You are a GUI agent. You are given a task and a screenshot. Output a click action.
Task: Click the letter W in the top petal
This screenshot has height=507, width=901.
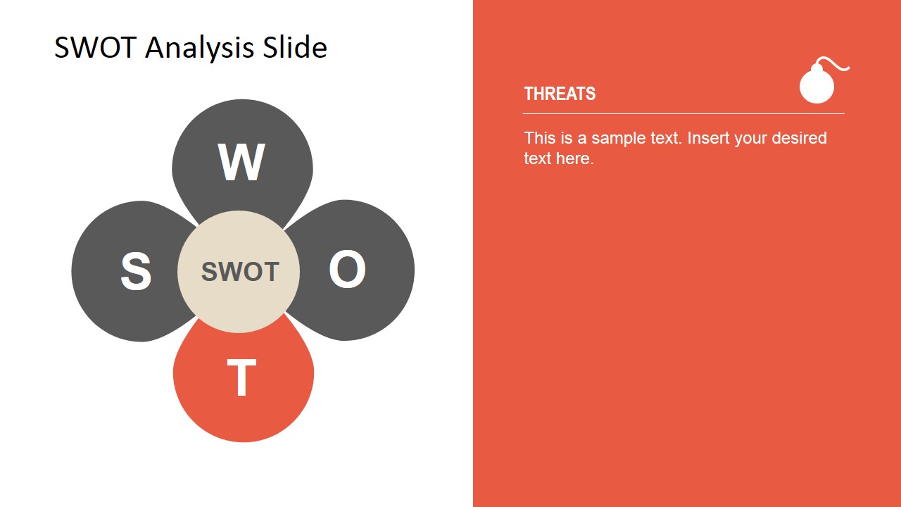click(241, 162)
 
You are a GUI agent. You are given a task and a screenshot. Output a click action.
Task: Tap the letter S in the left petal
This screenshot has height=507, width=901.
click(136, 272)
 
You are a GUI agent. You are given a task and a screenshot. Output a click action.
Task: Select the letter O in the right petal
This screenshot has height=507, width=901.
click(347, 270)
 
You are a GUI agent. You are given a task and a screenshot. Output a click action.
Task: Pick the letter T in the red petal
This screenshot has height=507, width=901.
click(241, 378)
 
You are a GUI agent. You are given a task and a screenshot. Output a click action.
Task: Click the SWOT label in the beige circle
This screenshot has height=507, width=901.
click(240, 272)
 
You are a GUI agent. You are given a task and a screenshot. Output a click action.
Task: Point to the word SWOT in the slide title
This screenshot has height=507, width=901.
click(96, 48)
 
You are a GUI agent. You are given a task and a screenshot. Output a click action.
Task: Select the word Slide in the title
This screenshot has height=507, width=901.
click(295, 48)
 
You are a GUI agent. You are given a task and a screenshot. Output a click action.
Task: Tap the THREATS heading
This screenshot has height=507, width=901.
click(560, 94)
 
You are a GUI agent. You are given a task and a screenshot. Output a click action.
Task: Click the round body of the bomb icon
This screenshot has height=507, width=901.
click(817, 87)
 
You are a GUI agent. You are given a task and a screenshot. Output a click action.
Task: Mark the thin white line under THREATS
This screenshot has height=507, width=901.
click(683, 113)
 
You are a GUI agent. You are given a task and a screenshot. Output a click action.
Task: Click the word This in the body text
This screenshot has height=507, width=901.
click(539, 138)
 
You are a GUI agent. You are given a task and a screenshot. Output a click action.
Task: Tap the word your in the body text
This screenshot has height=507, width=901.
click(750, 138)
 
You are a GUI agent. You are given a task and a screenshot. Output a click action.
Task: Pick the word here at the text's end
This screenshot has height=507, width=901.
click(574, 158)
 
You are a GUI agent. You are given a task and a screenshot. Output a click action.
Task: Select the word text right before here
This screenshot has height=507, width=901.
click(537, 158)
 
